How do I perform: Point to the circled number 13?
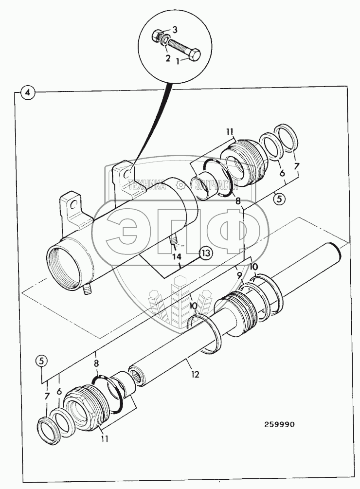coord(206,252)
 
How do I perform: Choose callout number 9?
coord(239,275)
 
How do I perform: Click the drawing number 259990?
coord(279,424)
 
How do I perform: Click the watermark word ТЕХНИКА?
coord(146,184)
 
